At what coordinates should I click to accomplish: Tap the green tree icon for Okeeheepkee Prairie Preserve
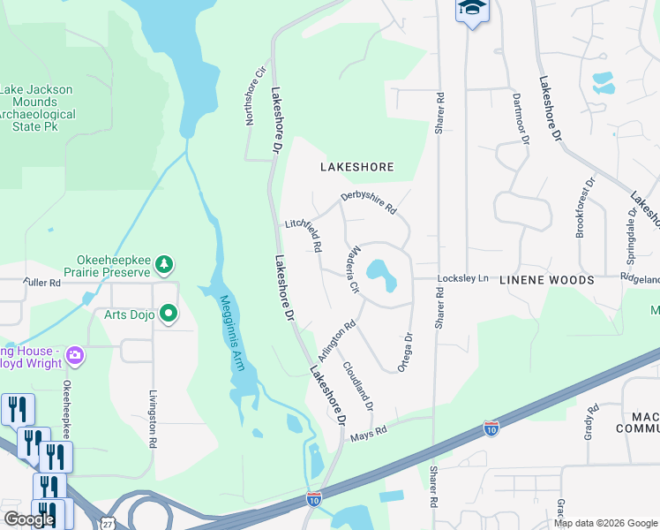pyautogui.click(x=163, y=263)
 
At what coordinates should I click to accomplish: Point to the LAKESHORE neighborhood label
pyautogui.click(x=356, y=166)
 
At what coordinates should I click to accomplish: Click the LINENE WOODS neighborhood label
pyautogui.click(x=547, y=280)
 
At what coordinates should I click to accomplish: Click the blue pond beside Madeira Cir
pyautogui.click(x=382, y=274)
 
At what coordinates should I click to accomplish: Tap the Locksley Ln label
pyautogui.click(x=463, y=278)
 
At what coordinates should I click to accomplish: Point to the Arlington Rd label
pyautogui.click(x=337, y=338)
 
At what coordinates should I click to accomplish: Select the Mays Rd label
pyautogui.click(x=370, y=431)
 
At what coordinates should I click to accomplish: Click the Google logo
pyautogui.click(x=29, y=519)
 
